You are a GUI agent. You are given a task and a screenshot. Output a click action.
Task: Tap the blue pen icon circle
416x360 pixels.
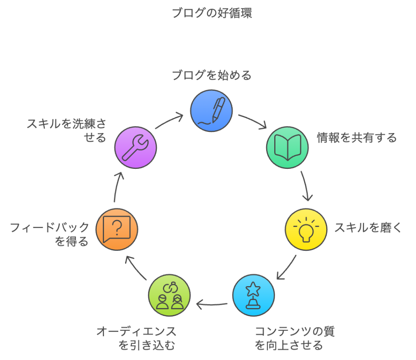tap(212, 111)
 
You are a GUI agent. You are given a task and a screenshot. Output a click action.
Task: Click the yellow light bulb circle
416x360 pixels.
tap(306, 229)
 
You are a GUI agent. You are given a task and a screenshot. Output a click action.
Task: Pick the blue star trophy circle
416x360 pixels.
tap(253, 295)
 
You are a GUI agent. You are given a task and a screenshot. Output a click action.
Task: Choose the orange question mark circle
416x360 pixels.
tap(117, 229)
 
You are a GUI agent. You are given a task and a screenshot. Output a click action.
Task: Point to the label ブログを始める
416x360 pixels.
tap(212, 75)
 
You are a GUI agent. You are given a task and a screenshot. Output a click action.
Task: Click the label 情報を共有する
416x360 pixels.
tap(357, 138)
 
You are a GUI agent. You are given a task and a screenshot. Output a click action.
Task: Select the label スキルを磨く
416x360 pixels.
tap(368, 228)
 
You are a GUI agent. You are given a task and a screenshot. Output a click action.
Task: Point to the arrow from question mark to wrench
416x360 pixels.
tap(116, 187)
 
